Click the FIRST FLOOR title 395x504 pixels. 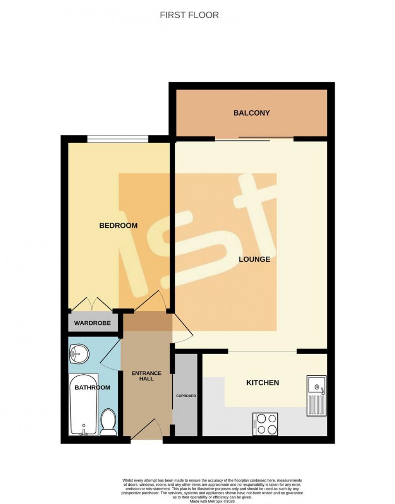[189, 15]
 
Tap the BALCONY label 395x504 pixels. [251, 113]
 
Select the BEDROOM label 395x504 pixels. [118, 225]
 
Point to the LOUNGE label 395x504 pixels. [254, 259]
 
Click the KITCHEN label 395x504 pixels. [263, 382]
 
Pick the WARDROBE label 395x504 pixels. [92, 323]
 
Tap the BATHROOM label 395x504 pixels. [92, 387]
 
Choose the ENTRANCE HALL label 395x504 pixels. [146, 376]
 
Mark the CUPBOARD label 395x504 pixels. [186, 396]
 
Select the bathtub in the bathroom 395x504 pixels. [83, 405]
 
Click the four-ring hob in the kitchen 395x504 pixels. [265, 424]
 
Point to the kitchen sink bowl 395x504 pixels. [317, 386]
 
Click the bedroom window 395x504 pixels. [118, 139]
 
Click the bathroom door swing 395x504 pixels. [110, 353]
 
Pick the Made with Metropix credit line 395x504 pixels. [212, 501]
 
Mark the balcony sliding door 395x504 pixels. [254, 139]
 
